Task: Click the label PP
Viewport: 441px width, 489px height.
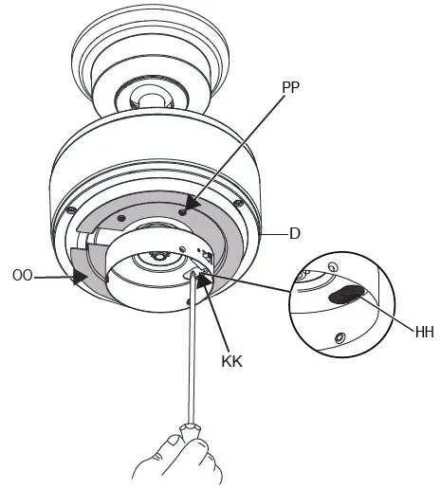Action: pos(293,86)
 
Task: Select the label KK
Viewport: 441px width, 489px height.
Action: pos(231,361)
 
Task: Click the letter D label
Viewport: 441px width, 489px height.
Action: pos(295,231)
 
